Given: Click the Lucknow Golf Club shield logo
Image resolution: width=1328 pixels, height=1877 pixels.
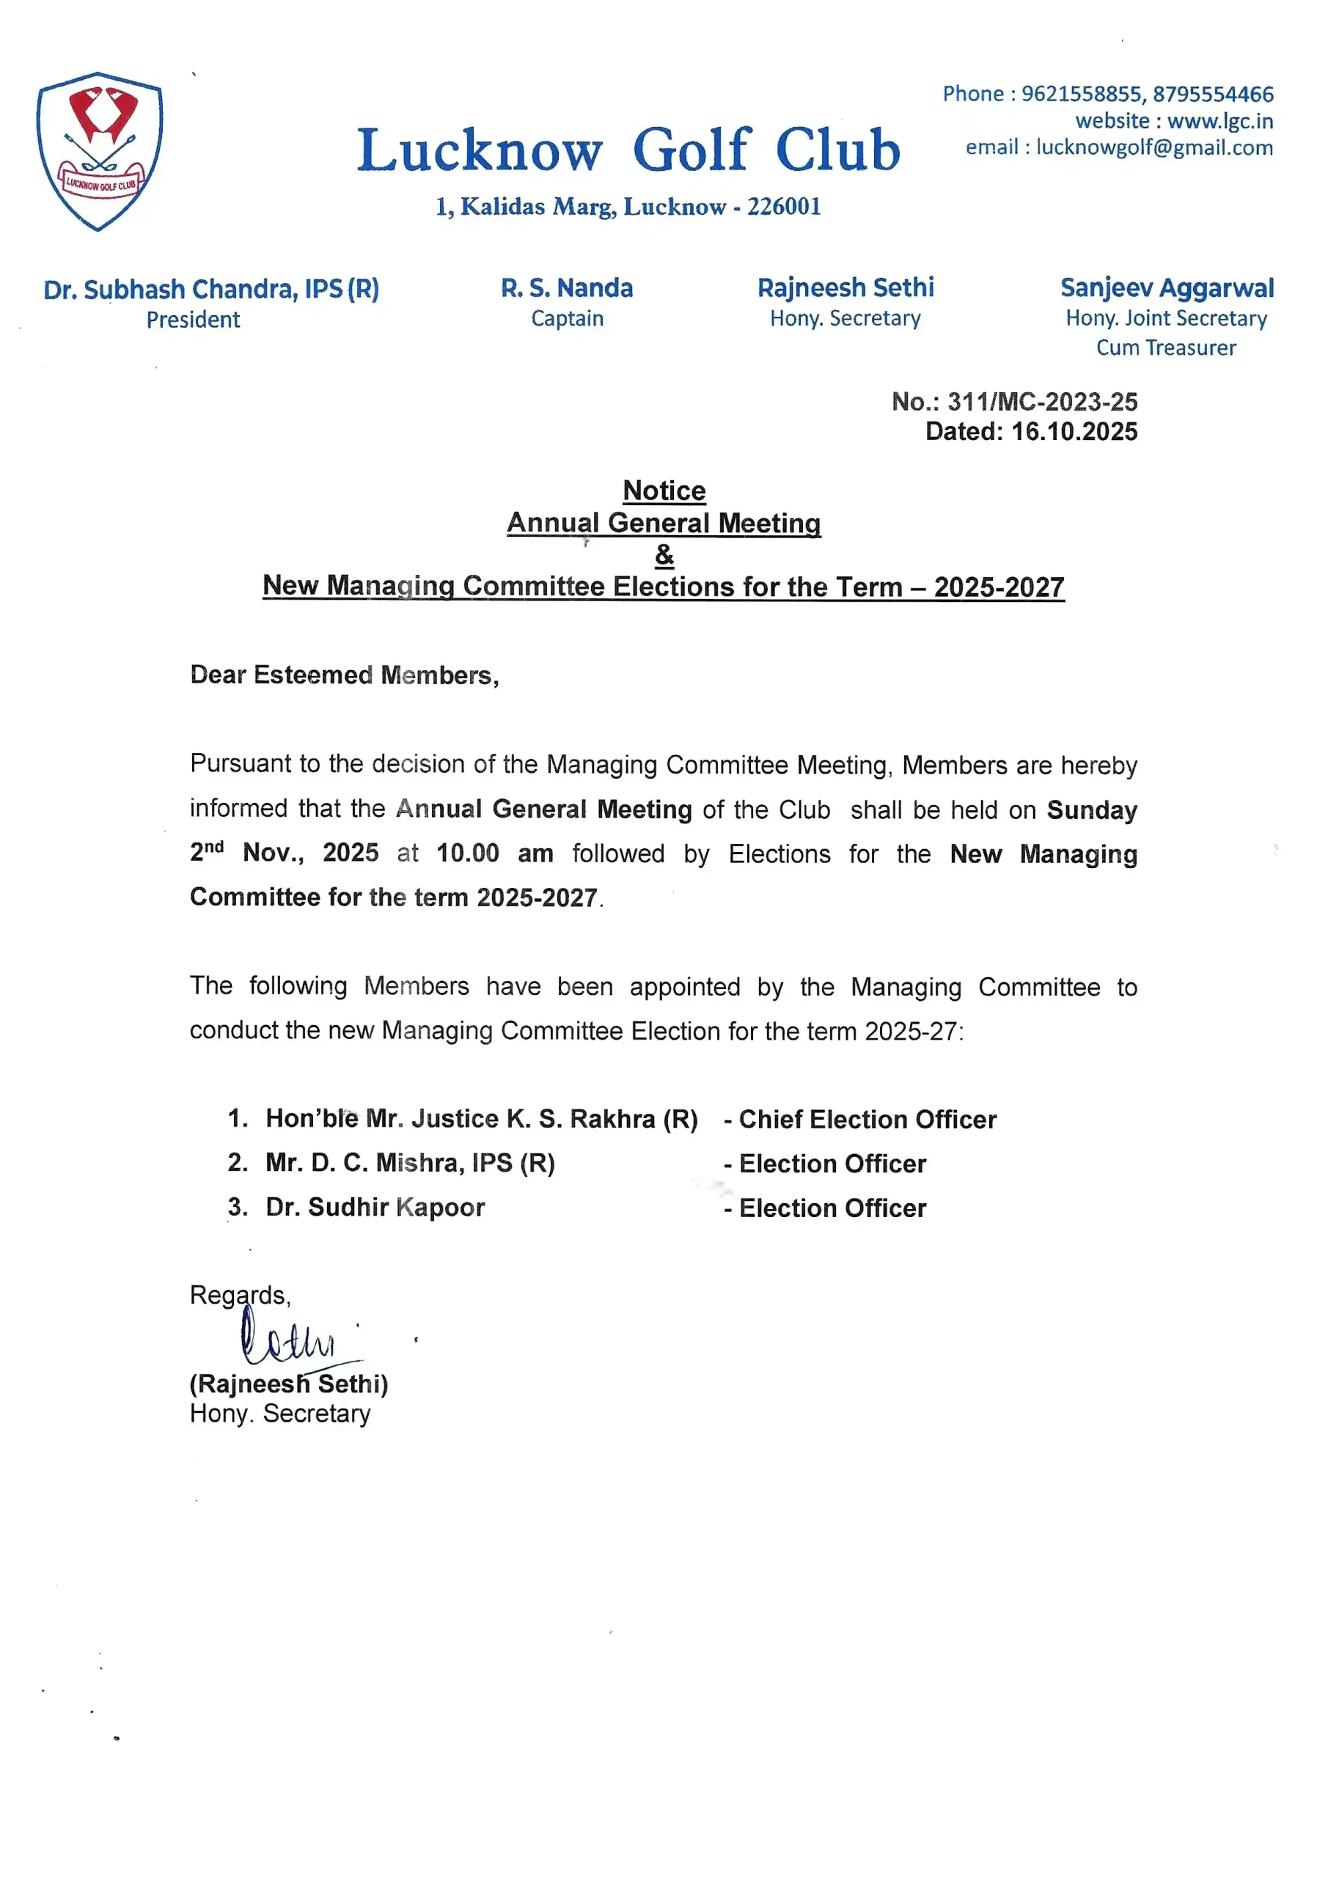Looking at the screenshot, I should (x=99, y=151).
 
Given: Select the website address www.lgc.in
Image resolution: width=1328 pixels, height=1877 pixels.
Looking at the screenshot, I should (x=1219, y=121).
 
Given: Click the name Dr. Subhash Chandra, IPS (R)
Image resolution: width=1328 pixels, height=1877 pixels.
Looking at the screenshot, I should (x=211, y=289).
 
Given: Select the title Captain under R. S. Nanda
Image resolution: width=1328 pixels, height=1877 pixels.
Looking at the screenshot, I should (x=567, y=318).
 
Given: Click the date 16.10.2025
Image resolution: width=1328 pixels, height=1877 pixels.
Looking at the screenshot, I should (x=1074, y=432).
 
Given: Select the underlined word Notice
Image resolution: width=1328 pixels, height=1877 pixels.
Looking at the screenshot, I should (x=664, y=491).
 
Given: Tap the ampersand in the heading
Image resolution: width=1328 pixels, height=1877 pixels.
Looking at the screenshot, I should (x=664, y=555).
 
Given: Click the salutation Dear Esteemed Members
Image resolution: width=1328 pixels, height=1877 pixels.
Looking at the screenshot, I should (x=343, y=675).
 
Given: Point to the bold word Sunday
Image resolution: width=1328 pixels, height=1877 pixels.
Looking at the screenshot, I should (x=1092, y=809).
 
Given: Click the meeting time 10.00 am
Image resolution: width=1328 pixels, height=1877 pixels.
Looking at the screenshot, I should (x=494, y=853).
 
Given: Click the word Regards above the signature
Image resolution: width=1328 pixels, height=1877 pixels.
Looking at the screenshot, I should (x=239, y=1295).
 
